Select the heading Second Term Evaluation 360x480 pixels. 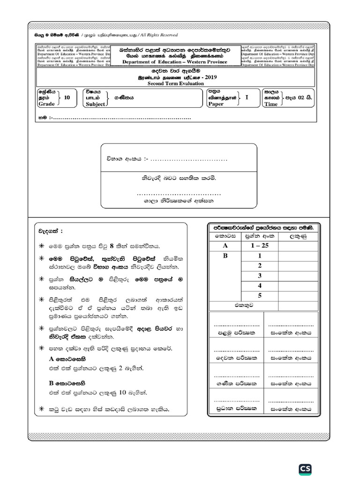click(176, 83)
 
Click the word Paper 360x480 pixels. click(216, 104)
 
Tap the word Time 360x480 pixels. click(271, 104)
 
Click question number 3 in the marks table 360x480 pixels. click(259, 276)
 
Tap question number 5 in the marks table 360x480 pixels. click(259, 295)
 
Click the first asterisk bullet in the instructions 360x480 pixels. click(41, 245)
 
